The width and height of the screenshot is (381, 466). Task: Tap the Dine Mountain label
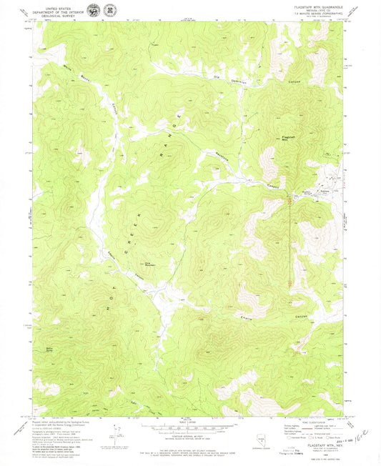(x=151, y=263)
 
